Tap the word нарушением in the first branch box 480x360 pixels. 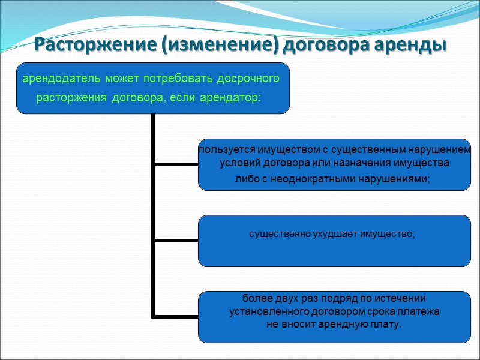(441, 149)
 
